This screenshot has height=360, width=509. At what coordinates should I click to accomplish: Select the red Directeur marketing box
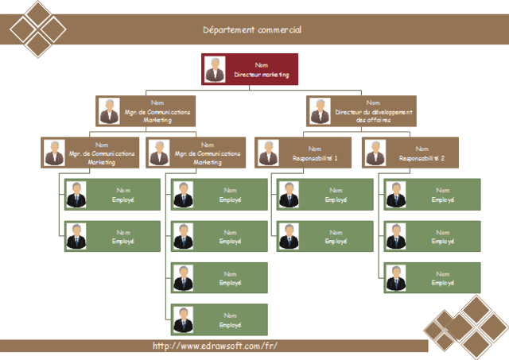tap(251, 69)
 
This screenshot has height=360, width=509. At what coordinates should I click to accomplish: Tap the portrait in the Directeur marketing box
tap(215, 69)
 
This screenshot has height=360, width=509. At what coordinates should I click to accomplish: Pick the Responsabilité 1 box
tap(302, 153)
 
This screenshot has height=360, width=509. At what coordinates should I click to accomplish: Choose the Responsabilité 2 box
tap(409, 153)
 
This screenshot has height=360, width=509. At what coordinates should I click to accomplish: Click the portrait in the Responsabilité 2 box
tap(375, 153)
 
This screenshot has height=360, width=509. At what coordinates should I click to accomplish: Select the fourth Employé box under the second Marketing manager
tap(220, 319)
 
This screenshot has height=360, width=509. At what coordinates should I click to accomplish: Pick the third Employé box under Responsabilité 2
tap(433, 278)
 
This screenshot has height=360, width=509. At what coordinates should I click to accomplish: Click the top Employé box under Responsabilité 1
tap(324, 195)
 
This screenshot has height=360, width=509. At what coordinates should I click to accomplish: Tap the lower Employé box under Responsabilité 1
tap(324, 236)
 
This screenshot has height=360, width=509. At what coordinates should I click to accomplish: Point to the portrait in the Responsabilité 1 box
tap(269, 153)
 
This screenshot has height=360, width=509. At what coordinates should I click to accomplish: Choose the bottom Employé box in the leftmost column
tap(112, 236)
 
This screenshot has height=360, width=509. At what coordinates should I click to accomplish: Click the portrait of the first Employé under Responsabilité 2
tap(395, 195)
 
